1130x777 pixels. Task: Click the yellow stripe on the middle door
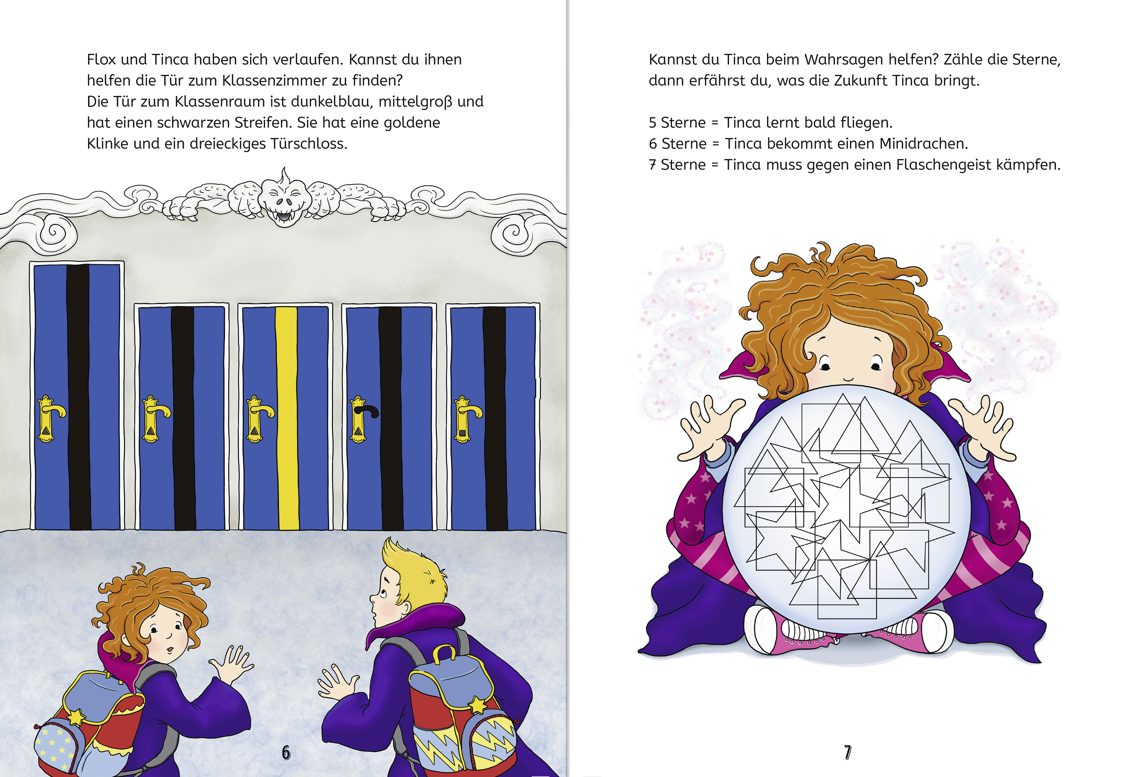coord(287,418)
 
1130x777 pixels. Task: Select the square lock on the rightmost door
coord(462,432)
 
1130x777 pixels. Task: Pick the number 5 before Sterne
coord(653,123)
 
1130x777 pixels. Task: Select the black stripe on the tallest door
coord(78,397)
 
